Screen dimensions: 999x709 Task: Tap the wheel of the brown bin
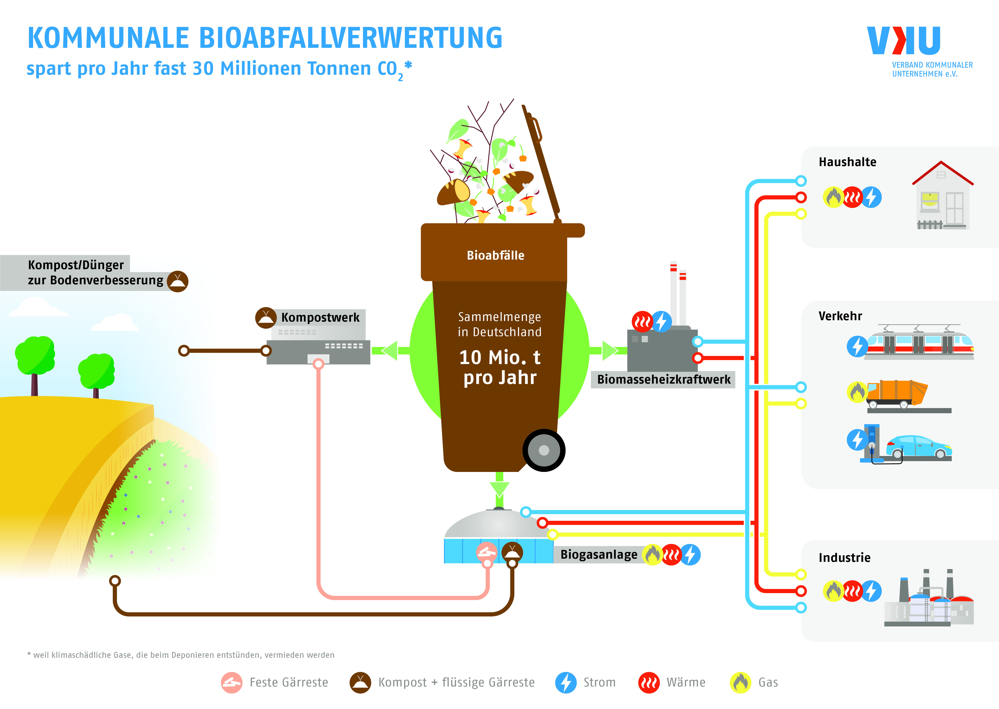point(544,450)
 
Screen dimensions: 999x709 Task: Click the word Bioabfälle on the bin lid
point(496,255)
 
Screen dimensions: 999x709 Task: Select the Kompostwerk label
point(320,317)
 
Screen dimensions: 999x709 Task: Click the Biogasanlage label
point(599,554)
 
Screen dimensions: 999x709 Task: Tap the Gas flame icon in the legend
point(741,682)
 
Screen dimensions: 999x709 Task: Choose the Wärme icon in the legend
point(649,682)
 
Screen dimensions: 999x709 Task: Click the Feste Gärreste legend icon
point(231,682)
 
